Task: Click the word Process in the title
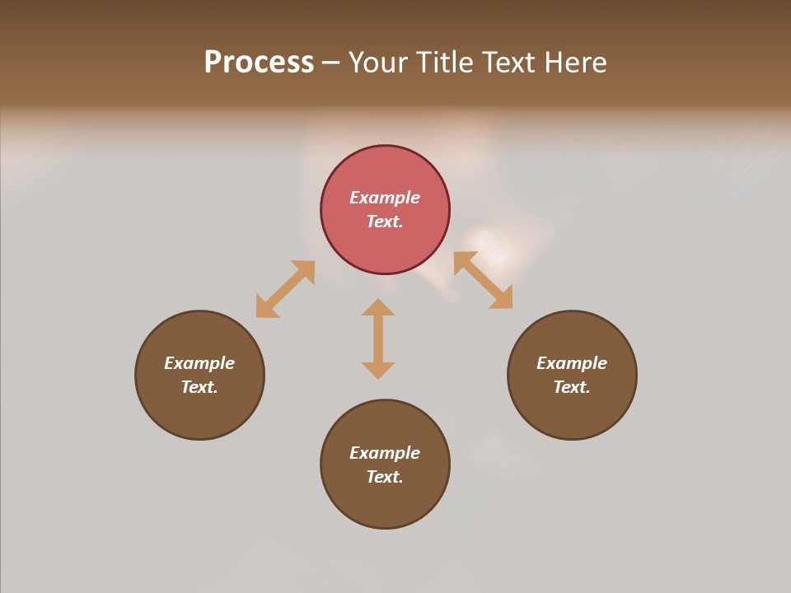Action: click(259, 63)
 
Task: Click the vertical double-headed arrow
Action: click(378, 339)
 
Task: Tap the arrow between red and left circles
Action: click(285, 289)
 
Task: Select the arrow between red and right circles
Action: click(484, 280)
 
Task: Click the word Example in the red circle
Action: click(385, 198)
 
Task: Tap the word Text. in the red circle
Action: click(385, 222)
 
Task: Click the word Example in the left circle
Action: click(199, 363)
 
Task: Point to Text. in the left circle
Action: click(199, 387)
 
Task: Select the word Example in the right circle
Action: click(572, 363)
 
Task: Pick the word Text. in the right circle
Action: click(572, 387)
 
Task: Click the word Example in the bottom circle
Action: click(385, 453)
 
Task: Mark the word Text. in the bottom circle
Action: click(385, 477)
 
